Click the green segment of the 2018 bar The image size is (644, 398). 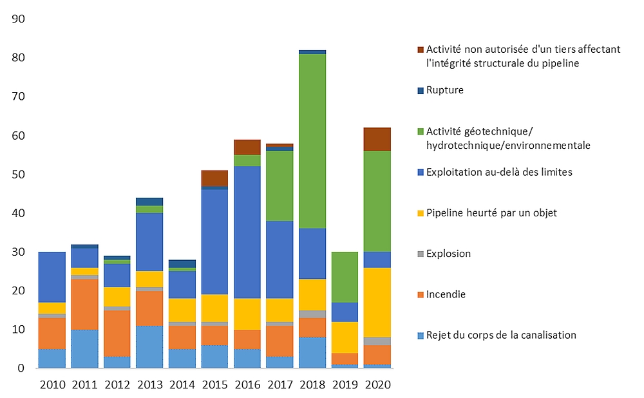(312, 141)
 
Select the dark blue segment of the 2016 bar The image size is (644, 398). (248, 232)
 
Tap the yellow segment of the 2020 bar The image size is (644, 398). (377, 302)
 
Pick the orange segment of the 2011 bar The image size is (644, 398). (84, 303)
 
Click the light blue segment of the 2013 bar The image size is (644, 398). (149, 346)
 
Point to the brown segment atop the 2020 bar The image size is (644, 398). (377, 139)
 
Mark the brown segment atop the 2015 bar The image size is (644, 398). (215, 178)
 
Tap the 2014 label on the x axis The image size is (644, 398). (182, 385)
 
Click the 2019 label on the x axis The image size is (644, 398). (345, 385)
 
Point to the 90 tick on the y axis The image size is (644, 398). (19, 19)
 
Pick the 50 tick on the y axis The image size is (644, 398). (19, 175)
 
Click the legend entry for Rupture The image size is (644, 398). (445, 90)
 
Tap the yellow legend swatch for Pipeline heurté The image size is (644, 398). (421, 213)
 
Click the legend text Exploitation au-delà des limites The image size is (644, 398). (498, 172)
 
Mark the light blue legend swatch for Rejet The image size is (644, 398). (421, 335)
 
